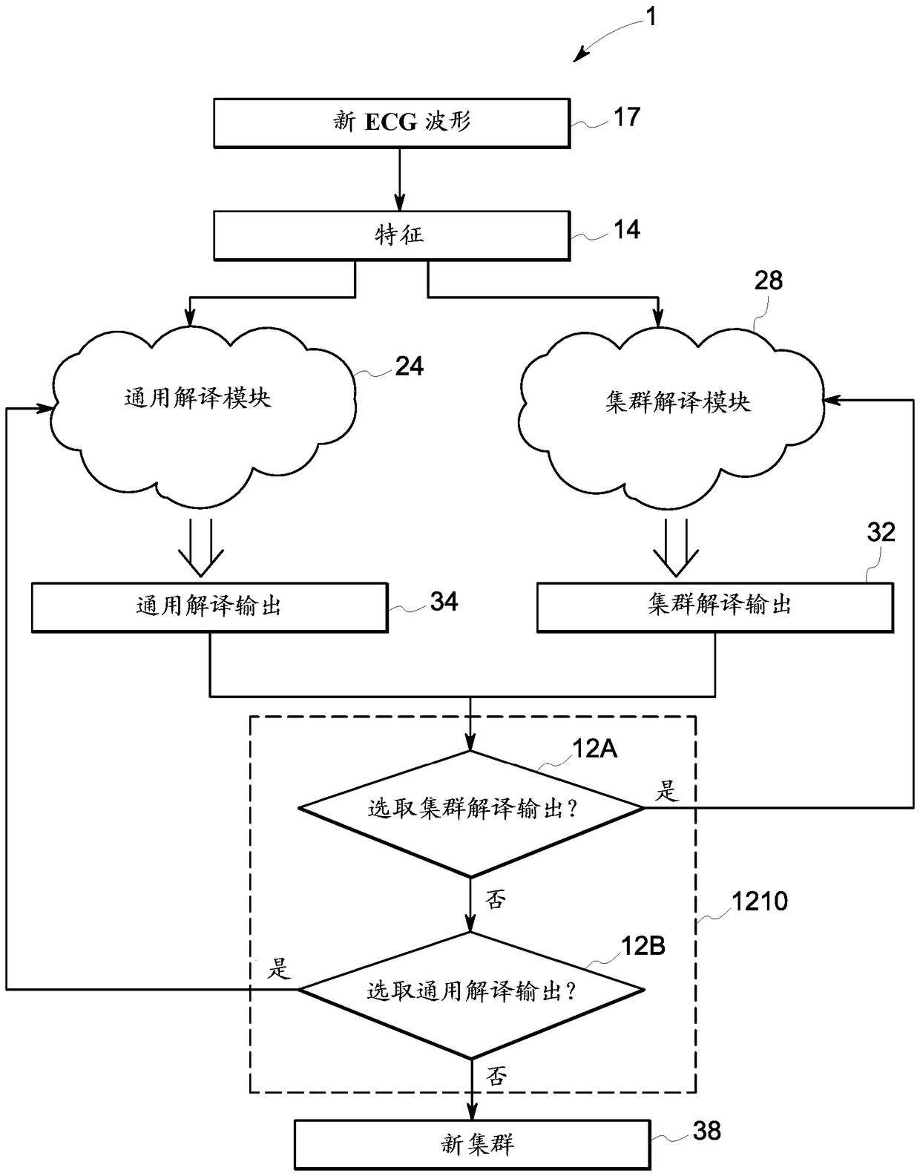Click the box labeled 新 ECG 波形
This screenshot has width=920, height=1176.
point(392,122)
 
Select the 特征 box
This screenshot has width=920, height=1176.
point(392,236)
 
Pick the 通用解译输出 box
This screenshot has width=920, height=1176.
point(209,606)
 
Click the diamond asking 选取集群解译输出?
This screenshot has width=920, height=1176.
point(470,809)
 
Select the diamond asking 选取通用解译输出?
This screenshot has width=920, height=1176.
point(470,991)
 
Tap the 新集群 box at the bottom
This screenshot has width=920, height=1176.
point(473,1144)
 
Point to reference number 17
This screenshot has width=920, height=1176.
point(626,117)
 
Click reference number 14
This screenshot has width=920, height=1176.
point(626,230)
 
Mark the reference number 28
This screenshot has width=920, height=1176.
point(769,280)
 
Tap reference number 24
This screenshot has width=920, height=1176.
point(409,367)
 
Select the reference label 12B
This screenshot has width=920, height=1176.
point(643,946)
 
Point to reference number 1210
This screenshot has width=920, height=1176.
point(759,901)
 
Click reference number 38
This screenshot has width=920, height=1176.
point(706,1131)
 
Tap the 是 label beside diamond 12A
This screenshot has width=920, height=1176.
point(666,791)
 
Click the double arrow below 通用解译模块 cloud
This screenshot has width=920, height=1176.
point(201,548)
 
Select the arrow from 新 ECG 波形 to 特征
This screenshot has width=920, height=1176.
point(399,179)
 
